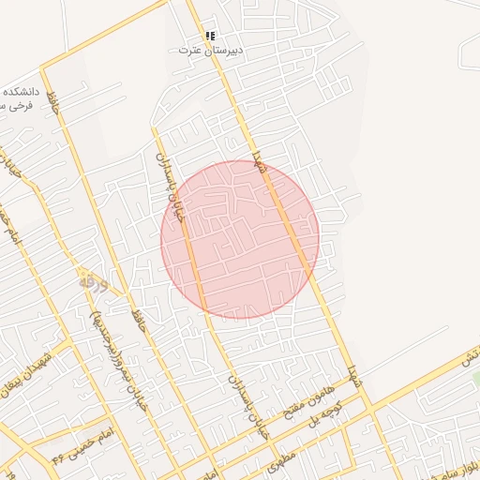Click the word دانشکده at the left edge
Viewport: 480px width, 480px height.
(x=19, y=91)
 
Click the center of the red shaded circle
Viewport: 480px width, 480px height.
(x=240, y=239)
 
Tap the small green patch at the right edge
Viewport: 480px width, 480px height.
(x=475, y=378)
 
